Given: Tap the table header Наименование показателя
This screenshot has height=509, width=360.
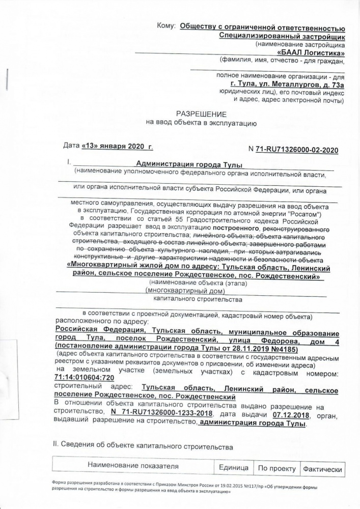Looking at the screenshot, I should click(x=133, y=466).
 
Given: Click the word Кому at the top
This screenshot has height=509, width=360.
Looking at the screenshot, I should click(x=167, y=25).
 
